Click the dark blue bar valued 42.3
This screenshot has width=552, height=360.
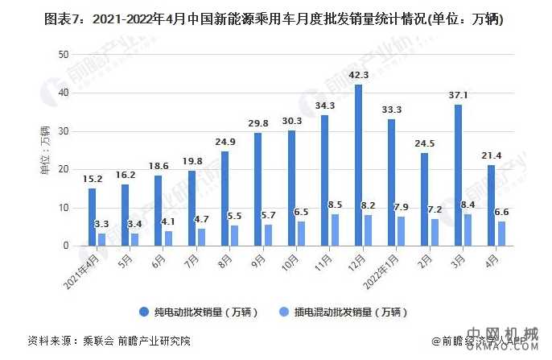[x=358, y=165]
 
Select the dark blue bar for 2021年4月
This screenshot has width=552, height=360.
[x=93, y=217]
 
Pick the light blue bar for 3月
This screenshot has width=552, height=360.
[x=468, y=230]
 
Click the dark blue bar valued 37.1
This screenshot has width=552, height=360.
[x=458, y=175]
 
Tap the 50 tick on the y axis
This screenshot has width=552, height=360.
[x=64, y=54]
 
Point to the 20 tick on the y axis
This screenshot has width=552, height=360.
[x=64, y=169]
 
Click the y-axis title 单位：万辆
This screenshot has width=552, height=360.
[x=45, y=150]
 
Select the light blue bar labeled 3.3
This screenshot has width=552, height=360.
[x=101, y=239]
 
